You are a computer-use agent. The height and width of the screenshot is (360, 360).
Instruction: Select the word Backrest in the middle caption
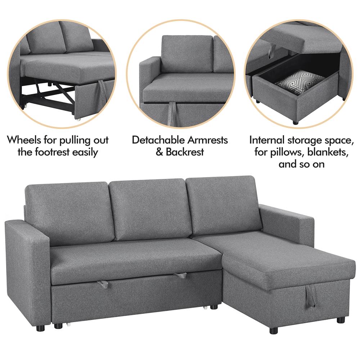[x=185, y=152]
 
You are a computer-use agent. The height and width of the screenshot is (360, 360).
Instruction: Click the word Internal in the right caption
[x=266, y=140]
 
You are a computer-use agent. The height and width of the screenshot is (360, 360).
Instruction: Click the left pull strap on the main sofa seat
[x=103, y=284]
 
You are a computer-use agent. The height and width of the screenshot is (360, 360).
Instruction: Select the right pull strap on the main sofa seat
[x=180, y=275]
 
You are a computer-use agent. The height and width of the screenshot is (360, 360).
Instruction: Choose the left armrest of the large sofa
[x=27, y=271]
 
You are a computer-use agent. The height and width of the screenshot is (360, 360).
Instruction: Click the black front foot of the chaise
[x=274, y=330]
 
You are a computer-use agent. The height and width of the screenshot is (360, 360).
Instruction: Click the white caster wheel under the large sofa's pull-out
[x=68, y=325]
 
